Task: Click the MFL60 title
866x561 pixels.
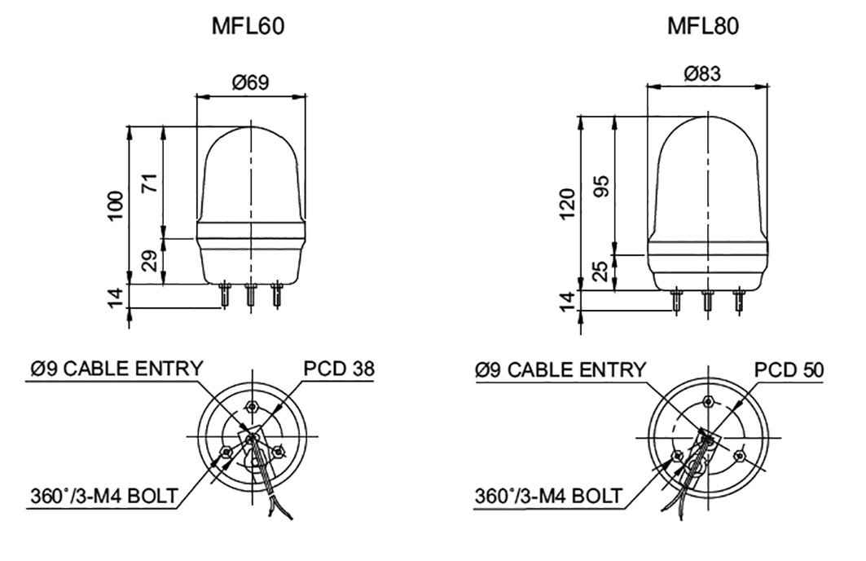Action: tap(249, 27)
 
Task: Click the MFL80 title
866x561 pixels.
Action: tap(703, 27)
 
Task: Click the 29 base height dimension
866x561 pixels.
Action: tap(150, 261)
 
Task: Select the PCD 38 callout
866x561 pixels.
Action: tap(339, 369)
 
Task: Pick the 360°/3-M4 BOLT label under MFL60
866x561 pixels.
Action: tap(103, 496)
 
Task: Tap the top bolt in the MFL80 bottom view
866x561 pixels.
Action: tap(708, 404)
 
